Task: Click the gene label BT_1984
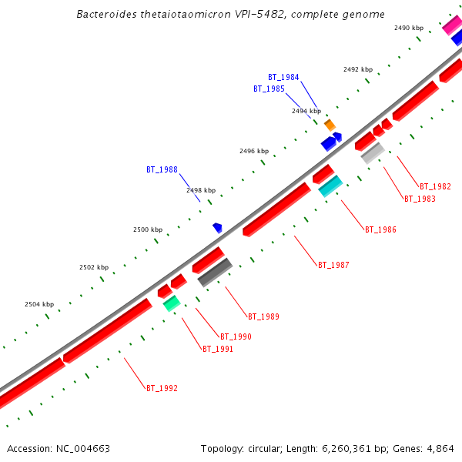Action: point(283,77)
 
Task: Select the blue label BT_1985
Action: point(269,89)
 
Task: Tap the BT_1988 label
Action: point(162,169)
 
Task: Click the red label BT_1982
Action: point(435,186)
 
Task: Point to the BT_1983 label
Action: point(420,199)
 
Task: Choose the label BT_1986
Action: point(380,229)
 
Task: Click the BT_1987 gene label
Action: point(333,265)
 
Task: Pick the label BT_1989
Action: point(263,316)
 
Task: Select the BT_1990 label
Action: point(236,336)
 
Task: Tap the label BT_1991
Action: point(217,349)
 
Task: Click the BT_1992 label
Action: point(162,388)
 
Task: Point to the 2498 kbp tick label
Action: point(201,190)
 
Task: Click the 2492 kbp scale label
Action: point(357,69)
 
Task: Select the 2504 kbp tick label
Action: point(39,304)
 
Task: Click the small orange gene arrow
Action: point(330,125)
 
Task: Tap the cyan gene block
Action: point(330,186)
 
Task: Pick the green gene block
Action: point(171,303)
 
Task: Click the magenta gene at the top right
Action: point(451,25)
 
